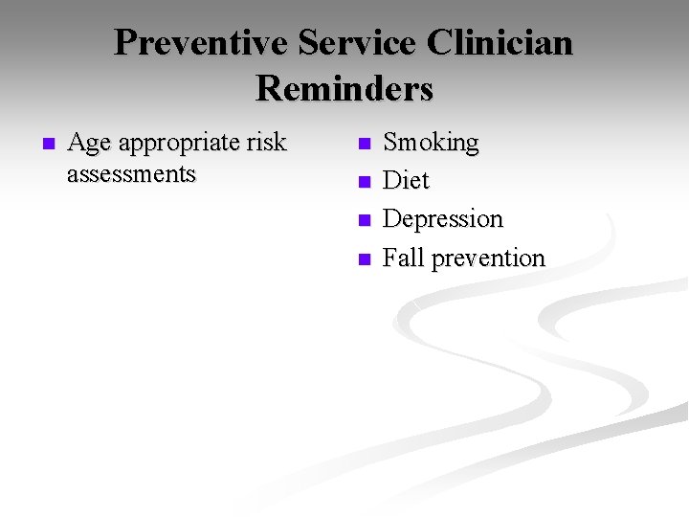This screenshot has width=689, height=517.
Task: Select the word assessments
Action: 131,174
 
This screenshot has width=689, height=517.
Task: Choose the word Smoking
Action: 431,144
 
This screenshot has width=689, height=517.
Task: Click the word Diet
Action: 406,181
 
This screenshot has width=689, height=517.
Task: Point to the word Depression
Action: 442,219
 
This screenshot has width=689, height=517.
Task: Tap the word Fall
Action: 403,258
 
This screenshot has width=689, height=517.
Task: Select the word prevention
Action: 488,258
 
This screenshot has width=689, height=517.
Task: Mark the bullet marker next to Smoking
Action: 362,145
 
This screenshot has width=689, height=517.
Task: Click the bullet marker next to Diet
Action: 362,182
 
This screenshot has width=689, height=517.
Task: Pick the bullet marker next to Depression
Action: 362,220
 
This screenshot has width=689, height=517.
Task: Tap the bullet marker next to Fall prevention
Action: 362,258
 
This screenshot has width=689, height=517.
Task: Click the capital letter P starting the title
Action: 125,44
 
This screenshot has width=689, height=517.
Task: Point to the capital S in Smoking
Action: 390,144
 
